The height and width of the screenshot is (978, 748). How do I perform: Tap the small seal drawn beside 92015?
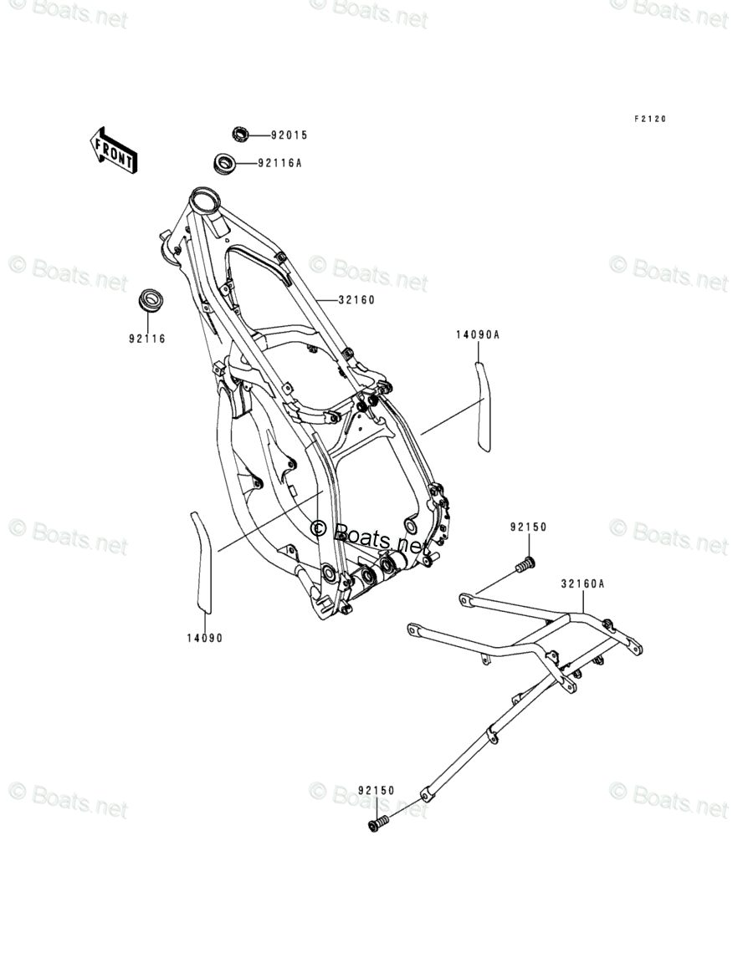click(241, 134)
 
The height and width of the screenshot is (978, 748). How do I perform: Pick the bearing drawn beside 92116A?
click(224, 162)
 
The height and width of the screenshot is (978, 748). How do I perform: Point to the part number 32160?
click(356, 300)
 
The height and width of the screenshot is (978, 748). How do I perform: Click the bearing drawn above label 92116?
click(150, 300)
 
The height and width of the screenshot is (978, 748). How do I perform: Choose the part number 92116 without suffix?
click(146, 339)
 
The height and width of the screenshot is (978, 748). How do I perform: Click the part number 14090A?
click(478, 334)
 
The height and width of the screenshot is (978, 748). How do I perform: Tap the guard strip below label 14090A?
click(483, 405)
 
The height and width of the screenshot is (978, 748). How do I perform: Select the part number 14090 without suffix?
click(204, 638)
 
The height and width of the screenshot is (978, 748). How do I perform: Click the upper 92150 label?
click(528, 527)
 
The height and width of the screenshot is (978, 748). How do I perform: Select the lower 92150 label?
click(376, 790)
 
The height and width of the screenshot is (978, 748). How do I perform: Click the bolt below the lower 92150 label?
click(377, 824)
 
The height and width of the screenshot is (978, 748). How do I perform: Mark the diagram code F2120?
click(648, 120)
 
